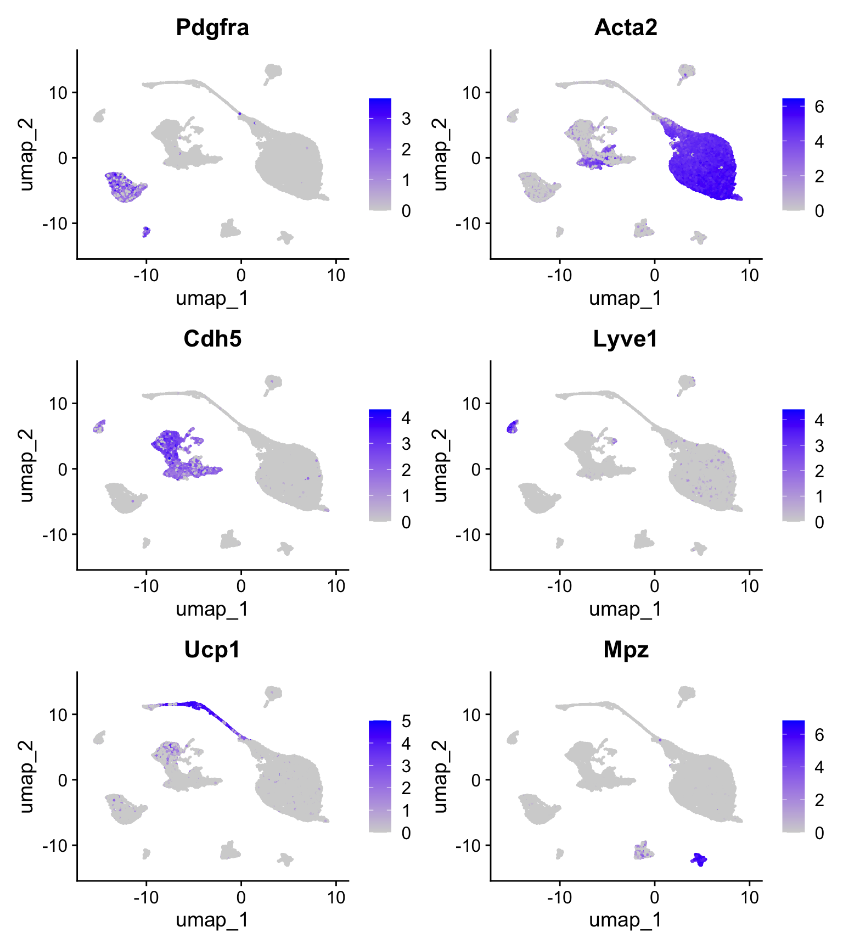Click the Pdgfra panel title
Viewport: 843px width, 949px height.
coord(212,27)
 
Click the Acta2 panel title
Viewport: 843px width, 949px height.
coord(626,27)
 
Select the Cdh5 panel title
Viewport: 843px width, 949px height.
coord(212,339)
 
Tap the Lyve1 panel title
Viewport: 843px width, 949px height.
coord(626,339)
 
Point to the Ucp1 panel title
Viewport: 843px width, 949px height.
coord(212,650)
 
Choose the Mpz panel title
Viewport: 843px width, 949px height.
coord(626,650)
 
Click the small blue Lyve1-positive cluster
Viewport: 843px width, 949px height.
coord(513,427)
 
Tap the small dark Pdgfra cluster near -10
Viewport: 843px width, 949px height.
coord(146,232)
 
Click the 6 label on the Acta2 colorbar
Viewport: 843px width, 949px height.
coord(819,107)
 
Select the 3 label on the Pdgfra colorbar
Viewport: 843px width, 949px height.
coord(406,118)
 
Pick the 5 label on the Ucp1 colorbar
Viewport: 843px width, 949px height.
coord(406,721)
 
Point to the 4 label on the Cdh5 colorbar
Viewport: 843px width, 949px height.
coord(406,418)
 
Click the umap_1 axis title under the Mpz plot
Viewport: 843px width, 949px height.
coord(626,920)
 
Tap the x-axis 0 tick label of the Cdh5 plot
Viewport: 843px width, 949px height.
coord(241,586)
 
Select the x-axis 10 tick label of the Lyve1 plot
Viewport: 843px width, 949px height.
coord(750,586)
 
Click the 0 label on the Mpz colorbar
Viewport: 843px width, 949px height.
coord(819,833)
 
